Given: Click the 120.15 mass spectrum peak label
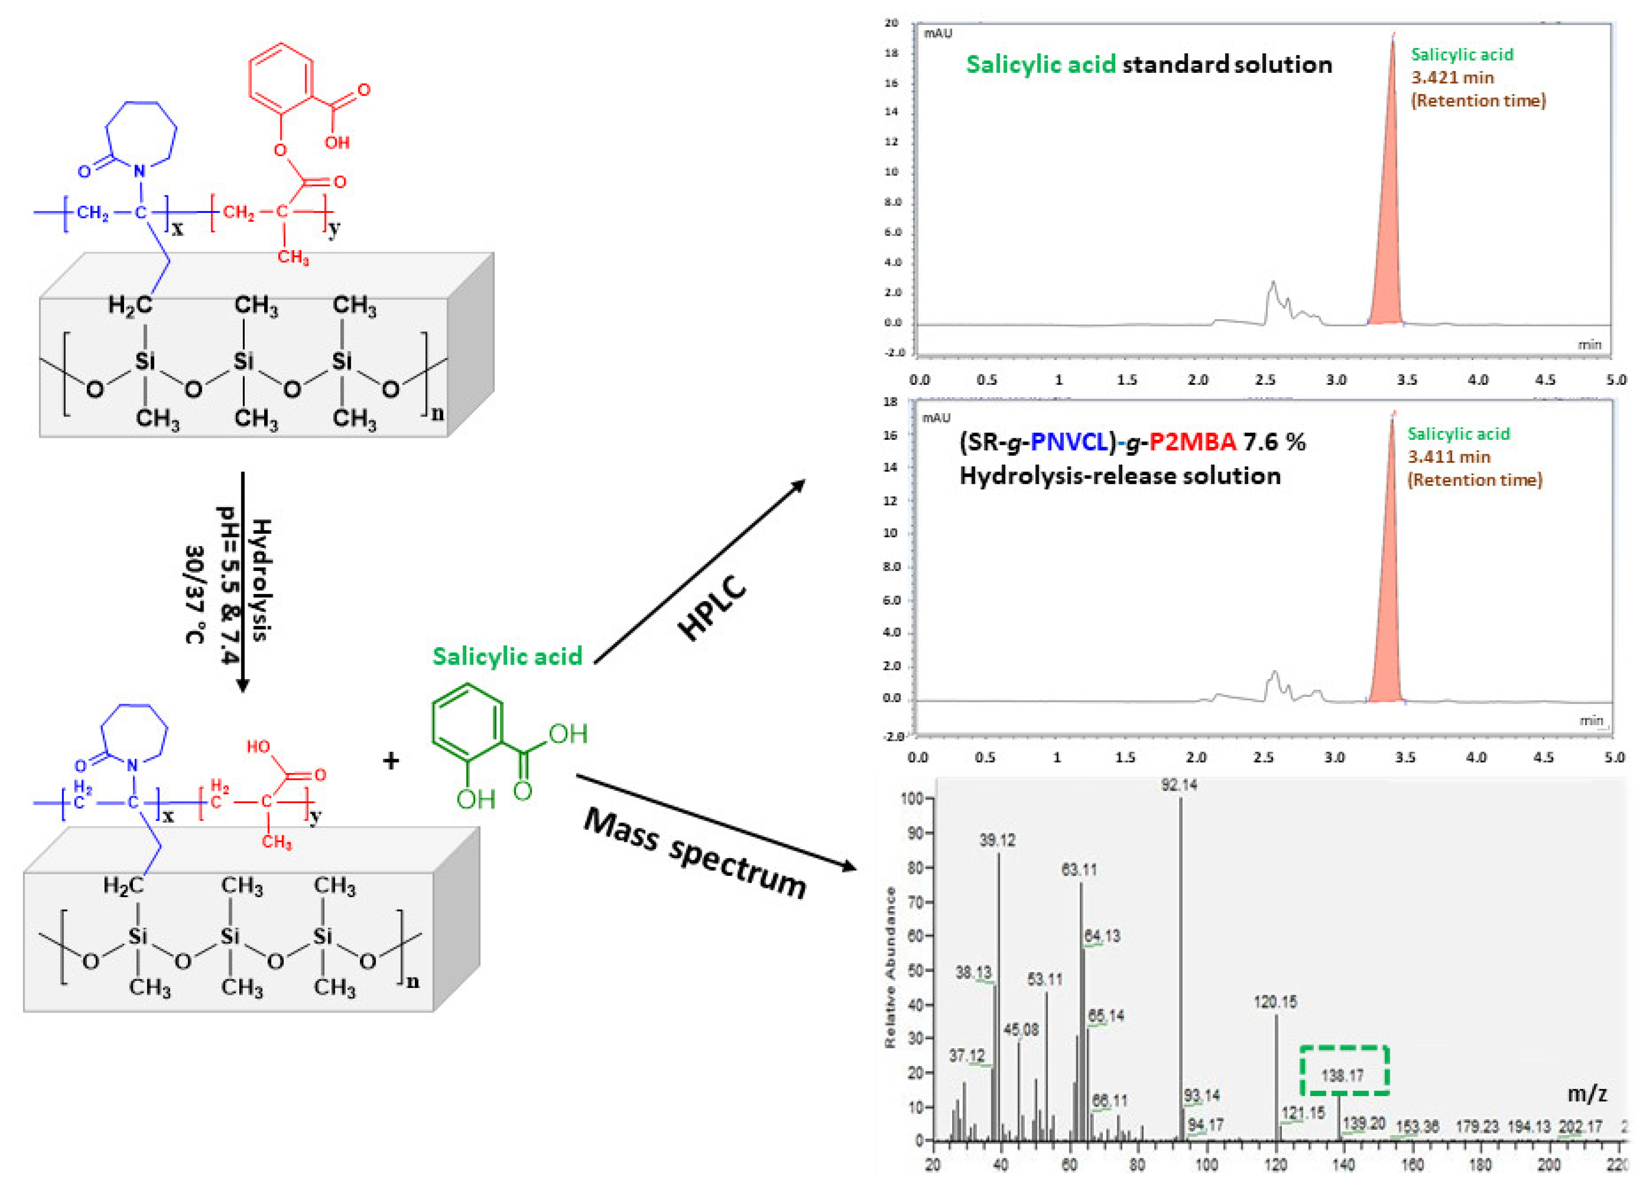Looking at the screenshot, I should (x=1275, y=1002).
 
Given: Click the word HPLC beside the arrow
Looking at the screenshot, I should (x=713, y=608).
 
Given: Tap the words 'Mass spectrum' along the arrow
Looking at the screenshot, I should (x=695, y=853).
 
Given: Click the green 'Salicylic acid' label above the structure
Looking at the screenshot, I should (x=507, y=656).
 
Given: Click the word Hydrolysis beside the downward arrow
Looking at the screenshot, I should (x=260, y=580).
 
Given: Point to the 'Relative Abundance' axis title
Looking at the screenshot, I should (x=890, y=967).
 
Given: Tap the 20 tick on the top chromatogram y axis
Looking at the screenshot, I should (x=891, y=23).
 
